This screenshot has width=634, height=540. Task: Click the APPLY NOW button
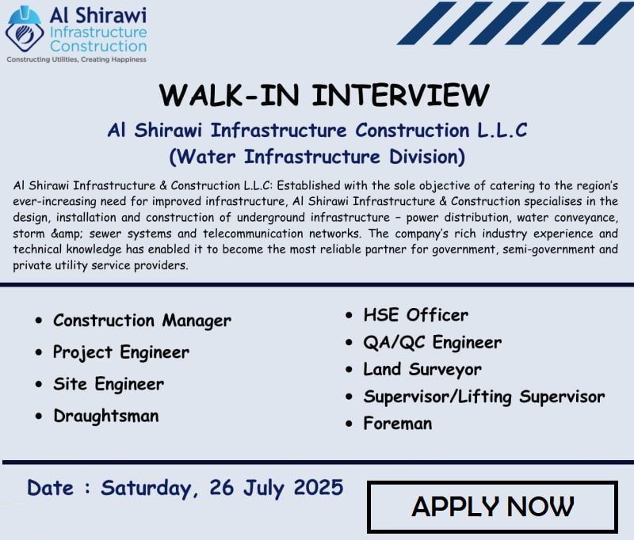(x=492, y=506)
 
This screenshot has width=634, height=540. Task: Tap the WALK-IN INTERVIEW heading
(x=323, y=94)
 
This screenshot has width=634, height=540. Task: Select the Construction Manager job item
(x=142, y=321)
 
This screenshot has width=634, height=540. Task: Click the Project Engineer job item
(x=120, y=352)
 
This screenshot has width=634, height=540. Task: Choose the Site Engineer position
(x=108, y=384)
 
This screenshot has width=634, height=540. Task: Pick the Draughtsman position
(x=105, y=416)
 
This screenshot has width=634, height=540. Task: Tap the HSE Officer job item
(x=415, y=315)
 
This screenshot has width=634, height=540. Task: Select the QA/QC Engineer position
(x=432, y=343)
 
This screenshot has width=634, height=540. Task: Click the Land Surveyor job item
(x=422, y=370)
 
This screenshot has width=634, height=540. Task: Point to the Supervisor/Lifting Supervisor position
(x=483, y=397)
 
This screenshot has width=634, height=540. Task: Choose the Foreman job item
(x=398, y=424)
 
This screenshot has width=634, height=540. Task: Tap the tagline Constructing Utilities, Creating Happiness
(x=76, y=59)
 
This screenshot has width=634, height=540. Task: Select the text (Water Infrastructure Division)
(x=317, y=155)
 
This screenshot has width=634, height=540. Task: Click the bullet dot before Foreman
(x=349, y=424)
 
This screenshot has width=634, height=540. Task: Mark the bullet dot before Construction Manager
(x=40, y=321)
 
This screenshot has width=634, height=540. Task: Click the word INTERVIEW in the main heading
(x=400, y=94)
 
